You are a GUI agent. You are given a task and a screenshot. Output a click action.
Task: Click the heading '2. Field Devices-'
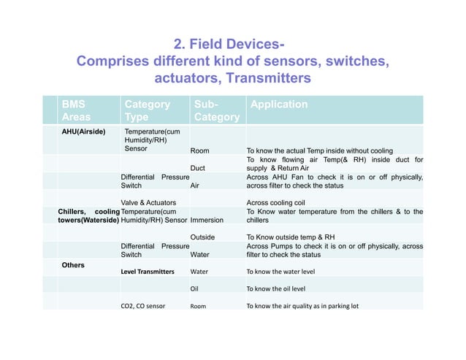232,42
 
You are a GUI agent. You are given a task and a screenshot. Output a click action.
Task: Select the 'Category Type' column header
147,110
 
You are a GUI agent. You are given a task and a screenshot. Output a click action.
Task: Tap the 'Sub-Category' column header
216,111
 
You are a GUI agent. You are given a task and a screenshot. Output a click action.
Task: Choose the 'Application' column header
279,104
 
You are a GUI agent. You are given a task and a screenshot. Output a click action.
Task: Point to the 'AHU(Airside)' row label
83,132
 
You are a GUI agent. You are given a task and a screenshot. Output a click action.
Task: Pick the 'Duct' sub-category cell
197,168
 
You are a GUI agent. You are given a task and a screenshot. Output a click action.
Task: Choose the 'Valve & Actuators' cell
148,202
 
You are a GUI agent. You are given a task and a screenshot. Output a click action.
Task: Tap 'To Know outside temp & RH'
291,237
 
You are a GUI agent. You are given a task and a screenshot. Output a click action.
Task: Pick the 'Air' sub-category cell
194,185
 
